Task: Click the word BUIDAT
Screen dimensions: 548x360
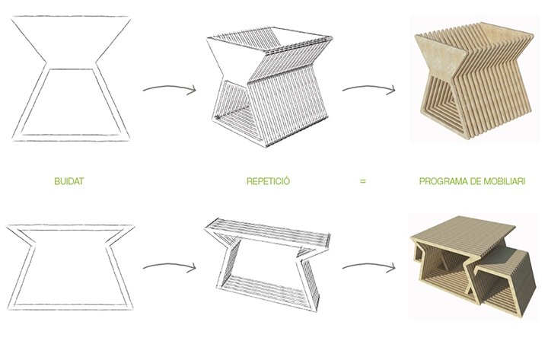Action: (68, 181)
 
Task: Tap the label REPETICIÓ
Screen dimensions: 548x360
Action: (268, 180)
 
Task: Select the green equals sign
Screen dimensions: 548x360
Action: (363, 181)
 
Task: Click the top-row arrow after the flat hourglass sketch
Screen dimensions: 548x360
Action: (170, 88)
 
